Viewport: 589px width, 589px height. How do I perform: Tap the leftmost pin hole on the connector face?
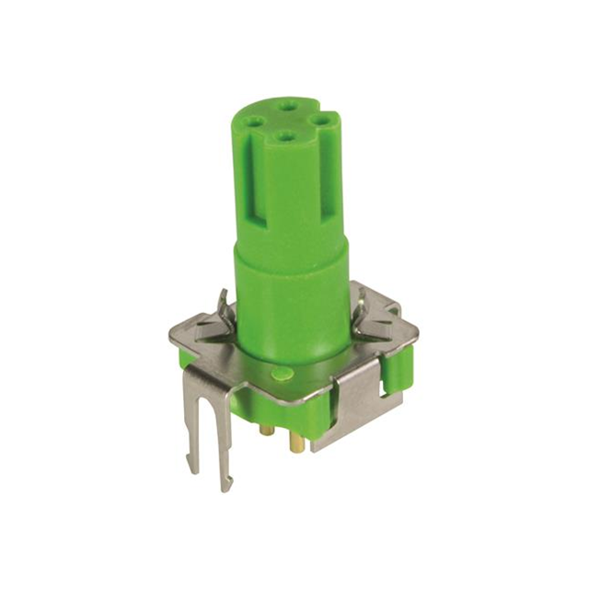tap(254, 120)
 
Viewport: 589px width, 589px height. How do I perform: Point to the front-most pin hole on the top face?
tap(288, 136)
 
